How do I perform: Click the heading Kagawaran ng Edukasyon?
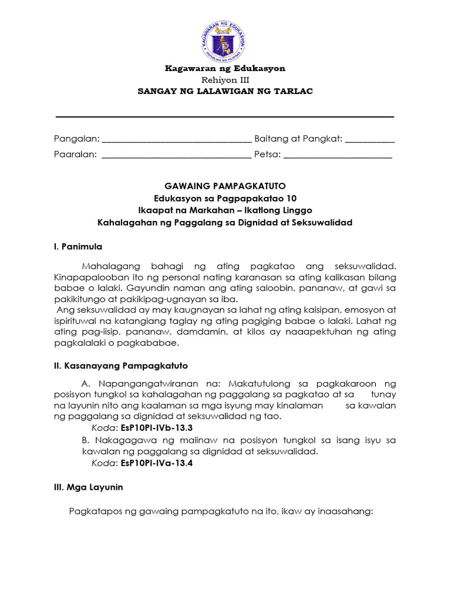click(x=225, y=69)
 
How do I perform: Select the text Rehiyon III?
click(x=225, y=80)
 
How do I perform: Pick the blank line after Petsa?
click(x=338, y=156)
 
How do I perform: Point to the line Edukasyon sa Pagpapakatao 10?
click(x=225, y=199)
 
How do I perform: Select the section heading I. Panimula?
click(x=78, y=246)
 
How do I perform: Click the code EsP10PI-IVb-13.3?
click(x=156, y=428)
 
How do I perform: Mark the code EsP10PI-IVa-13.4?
click(x=156, y=463)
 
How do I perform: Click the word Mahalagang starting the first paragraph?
click(x=109, y=266)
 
